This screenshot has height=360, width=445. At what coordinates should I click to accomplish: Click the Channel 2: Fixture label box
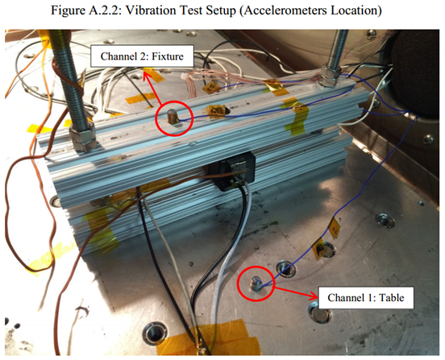(x=142, y=56)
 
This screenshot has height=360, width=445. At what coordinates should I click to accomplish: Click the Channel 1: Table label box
(x=366, y=298)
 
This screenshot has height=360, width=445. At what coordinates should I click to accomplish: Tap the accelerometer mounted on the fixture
(x=173, y=118)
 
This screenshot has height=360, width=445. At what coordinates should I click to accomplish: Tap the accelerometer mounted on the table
(x=255, y=283)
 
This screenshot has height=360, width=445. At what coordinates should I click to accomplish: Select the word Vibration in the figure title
(x=154, y=10)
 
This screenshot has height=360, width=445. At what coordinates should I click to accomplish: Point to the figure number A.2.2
(x=105, y=10)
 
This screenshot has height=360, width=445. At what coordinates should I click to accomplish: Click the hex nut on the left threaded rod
(x=83, y=137)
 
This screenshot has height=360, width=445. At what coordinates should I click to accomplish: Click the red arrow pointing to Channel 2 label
(x=152, y=90)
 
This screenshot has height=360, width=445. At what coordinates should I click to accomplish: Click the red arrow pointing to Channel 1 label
(x=296, y=292)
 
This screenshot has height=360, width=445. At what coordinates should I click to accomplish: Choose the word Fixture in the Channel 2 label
(x=168, y=56)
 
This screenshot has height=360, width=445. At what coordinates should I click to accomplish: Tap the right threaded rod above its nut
(x=338, y=48)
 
